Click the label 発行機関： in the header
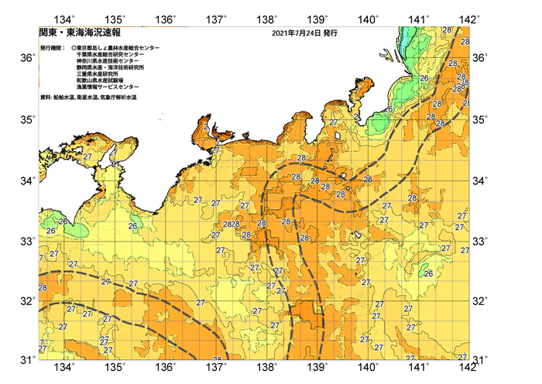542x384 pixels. (x=51, y=48)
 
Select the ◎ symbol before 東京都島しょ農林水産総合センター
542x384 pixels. (x=74, y=48)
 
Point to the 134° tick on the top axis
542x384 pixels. (x=66, y=19)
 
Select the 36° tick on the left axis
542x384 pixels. (x=26, y=59)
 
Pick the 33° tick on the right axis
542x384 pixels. (x=481, y=241)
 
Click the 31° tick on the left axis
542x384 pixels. (x=26, y=360)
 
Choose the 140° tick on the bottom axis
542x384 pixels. (x=369, y=368)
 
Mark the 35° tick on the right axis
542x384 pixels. (x=481, y=120)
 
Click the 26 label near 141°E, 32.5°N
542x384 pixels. (x=427, y=273)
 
